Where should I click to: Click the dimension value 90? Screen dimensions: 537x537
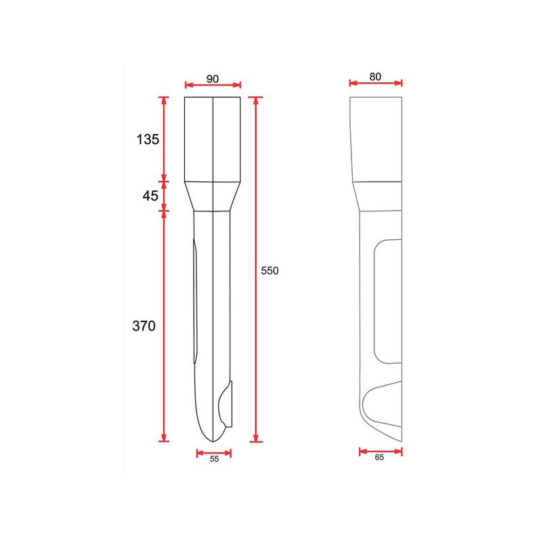tap(212, 79)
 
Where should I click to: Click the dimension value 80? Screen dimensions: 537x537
tap(375, 77)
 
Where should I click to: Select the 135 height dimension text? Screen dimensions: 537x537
tap(148, 139)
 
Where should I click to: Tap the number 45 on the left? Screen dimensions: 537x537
tap(150, 196)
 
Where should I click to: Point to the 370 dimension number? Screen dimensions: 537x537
tap(143, 326)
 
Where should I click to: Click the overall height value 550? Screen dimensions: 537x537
tap(270, 271)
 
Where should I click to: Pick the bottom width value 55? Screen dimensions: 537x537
tap(214, 460)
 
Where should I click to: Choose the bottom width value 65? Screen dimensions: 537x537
tap(379, 457)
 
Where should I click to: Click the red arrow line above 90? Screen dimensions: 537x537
tap(213, 85)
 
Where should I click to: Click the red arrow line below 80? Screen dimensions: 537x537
tap(376, 83)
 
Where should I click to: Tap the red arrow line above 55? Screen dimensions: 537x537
tap(214, 452)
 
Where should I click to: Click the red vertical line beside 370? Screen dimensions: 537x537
tap(163, 326)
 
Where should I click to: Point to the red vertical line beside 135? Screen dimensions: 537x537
tap(163, 139)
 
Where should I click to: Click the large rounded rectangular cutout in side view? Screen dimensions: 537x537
tap(387, 301)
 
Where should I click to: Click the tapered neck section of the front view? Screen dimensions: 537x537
tap(213, 196)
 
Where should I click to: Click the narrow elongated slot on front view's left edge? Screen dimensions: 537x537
tap(194, 299)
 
